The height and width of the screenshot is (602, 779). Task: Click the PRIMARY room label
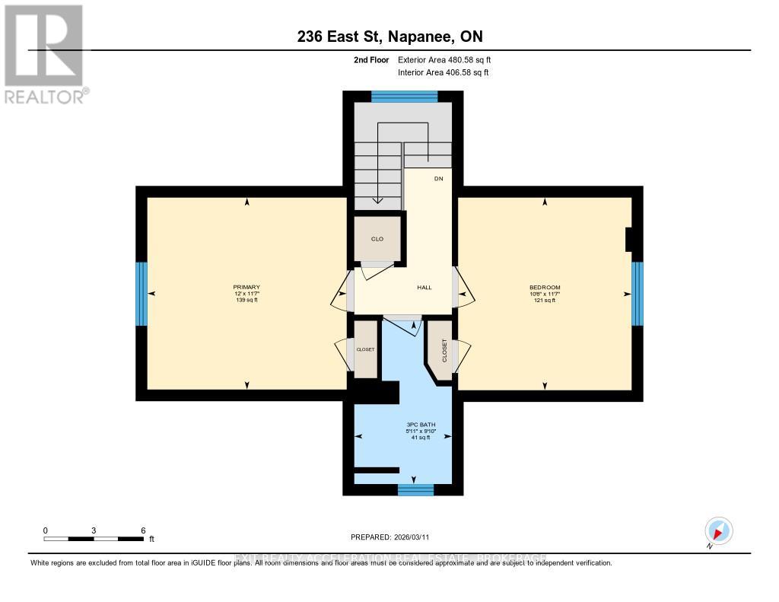pos(246,288)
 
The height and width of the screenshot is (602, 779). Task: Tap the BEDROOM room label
pos(545,288)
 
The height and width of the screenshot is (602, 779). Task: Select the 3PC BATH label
pos(414,424)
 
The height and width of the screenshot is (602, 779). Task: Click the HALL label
pos(424,288)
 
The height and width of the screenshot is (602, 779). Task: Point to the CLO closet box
pos(377,239)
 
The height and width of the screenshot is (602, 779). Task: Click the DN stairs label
pos(438,179)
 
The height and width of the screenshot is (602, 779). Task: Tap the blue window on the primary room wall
pos(141,293)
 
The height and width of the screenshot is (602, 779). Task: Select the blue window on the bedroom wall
pos(638,293)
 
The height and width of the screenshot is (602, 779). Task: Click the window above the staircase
pos(404,96)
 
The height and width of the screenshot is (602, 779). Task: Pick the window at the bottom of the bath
pos(415,489)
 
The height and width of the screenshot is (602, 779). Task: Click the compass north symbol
pos(718,530)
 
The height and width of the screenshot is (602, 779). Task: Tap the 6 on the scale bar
pos(142,530)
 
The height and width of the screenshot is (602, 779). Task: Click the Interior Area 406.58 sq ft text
pos(443,73)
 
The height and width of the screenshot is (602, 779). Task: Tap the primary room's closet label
pos(366,349)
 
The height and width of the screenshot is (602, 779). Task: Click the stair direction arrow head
pos(377,200)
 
